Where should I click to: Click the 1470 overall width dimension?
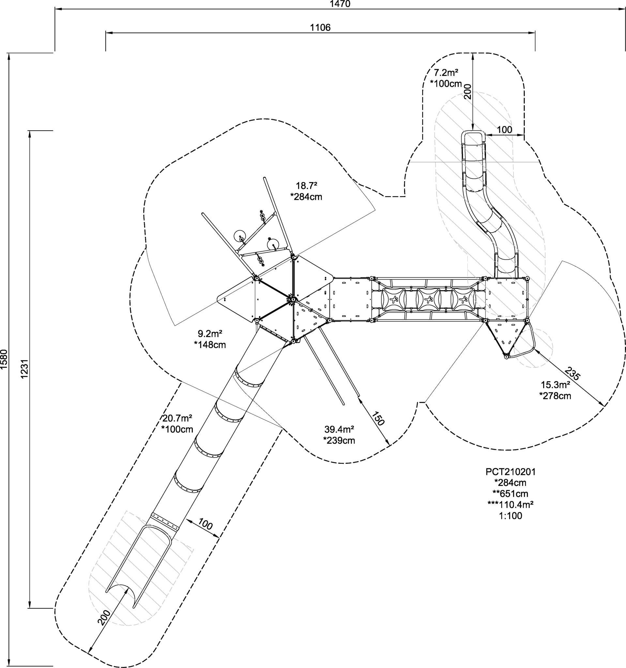pos(340,4)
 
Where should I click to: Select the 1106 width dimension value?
pos(320,27)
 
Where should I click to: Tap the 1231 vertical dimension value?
pos(24,370)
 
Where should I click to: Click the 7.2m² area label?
pos(446,72)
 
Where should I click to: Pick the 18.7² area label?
pos(306,186)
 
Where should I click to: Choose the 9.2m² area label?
pos(210,334)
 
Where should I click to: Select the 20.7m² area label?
pos(177,418)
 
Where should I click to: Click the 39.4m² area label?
pos(339,429)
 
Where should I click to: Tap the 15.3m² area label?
pos(556,385)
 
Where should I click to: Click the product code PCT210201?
pos(511,472)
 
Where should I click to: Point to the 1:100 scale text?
pos(511,516)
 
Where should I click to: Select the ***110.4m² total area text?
pos(511,505)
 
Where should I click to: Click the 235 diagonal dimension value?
pos(572,373)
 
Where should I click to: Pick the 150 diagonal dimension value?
pos(377,419)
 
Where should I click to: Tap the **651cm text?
pos(511,494)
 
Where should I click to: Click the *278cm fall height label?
pos(556,396)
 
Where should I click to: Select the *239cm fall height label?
pos(339,440)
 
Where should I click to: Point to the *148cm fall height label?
pos(210,345)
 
